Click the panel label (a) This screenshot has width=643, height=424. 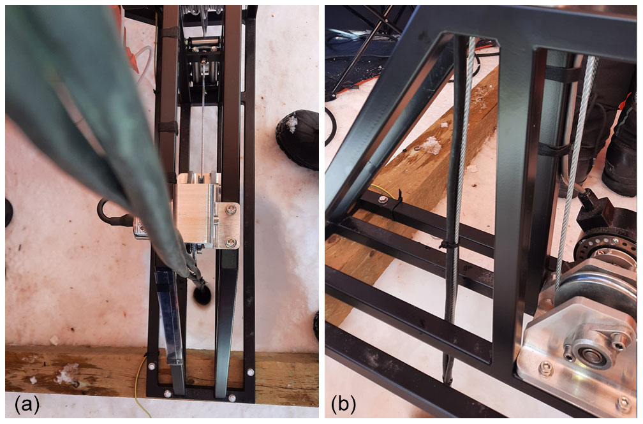pyautogui.click(x=27, y=405)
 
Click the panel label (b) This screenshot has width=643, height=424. pyautogui.click(x=344, y=405)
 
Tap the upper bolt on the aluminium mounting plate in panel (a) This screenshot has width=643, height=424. pyautogui.click(x=231, y=210)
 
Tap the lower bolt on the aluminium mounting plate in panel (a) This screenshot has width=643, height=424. pyautogui.click(x=231, y=242)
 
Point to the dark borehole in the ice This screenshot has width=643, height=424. pyautogui.click(x=202, y=295)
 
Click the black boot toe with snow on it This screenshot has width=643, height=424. pyautogui.click(x=298, y=138)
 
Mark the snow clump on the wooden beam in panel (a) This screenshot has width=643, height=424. pyautogui.click(x=68, y=374)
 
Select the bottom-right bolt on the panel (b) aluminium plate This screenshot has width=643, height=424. pyautogui.click(x=623, y=404)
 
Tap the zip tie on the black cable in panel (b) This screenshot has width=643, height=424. pyautogui.click(x=450, y=245)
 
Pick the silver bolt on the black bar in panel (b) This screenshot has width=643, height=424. pyautogui.click(x=383, y=200)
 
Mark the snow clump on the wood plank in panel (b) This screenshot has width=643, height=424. pyautogui.click(x=429, y=145)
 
